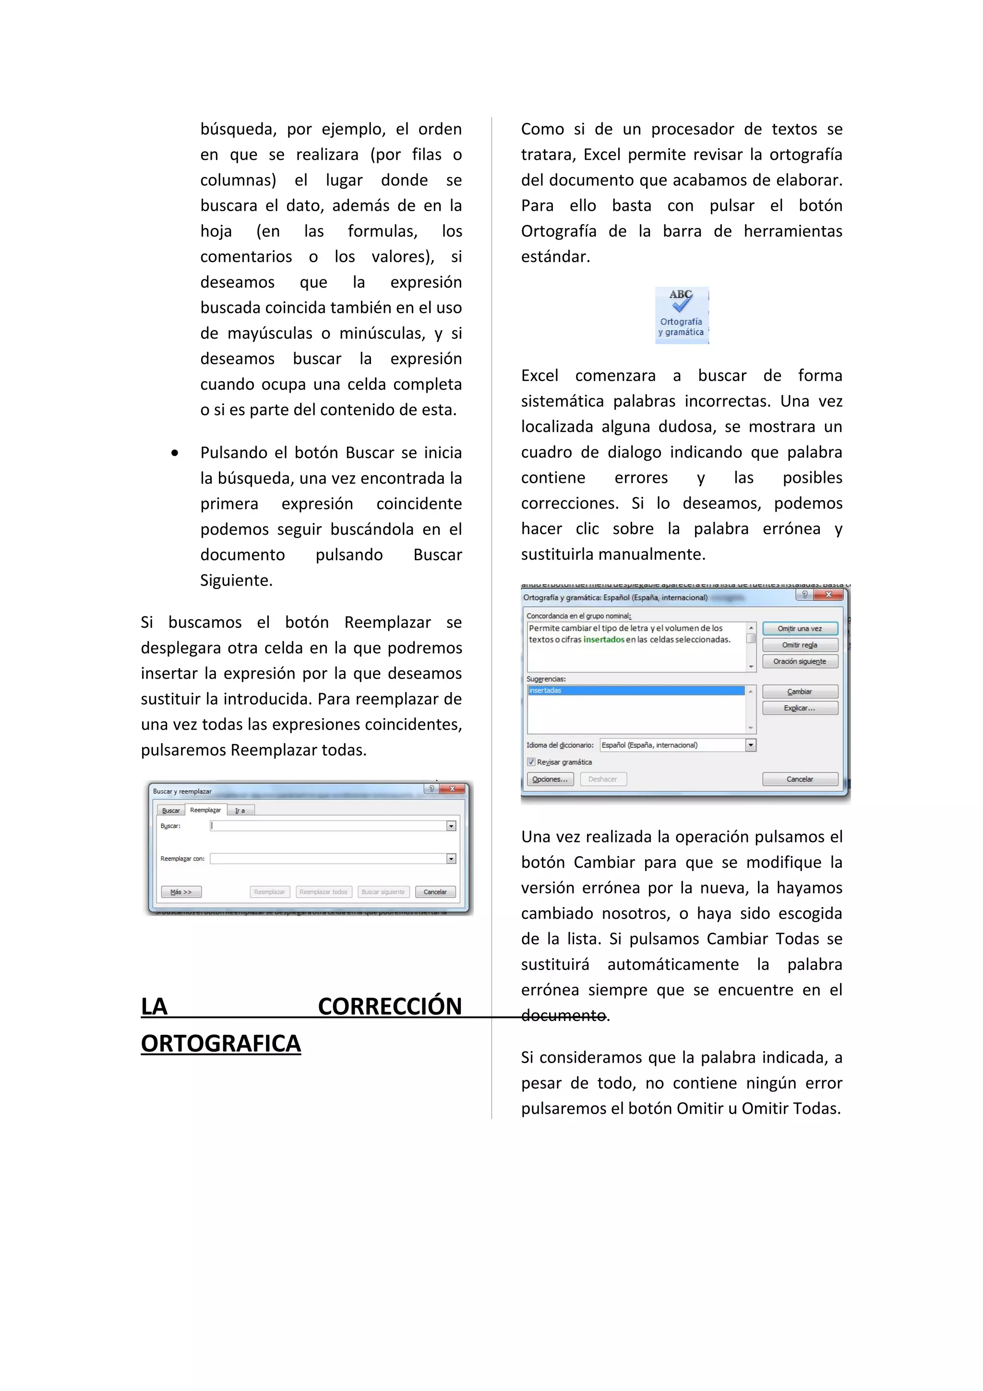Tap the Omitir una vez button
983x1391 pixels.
click(x=800, y=628)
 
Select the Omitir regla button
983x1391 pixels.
click(x=800, y=645)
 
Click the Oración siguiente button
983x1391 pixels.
click(x=800, y=661)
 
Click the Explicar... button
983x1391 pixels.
click(x=800, y=707)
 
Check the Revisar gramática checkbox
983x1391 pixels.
click(x=531, y=762)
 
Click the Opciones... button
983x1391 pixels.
click(x=550, y=779)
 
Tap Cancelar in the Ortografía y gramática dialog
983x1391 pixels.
click(x=800, y=779)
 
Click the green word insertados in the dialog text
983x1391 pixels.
click(x=603, y=640)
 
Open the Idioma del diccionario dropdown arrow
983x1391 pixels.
click(x=750, y=745)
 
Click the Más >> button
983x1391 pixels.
click(x=180, y=892)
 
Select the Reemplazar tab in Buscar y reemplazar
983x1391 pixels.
click(x=205, y=810)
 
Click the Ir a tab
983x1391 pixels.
click(x=240, y=811)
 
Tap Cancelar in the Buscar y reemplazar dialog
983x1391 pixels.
click(x=435, y=892)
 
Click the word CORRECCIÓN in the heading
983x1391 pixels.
click(x=389, y=1007)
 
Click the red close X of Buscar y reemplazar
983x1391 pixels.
click(x=452, y=789)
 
